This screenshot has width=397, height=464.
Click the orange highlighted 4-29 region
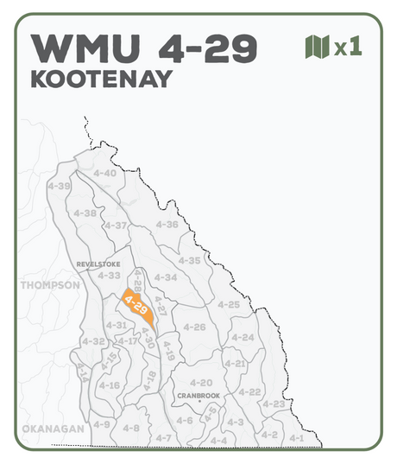tap(137, 305)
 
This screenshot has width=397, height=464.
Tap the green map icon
tap(318, 47)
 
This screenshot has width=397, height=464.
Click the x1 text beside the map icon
tap(348, 47)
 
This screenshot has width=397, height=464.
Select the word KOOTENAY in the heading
tap(101, 79)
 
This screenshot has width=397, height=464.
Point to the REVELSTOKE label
tap(98, 264)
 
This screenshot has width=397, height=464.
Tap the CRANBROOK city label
tap(198, 395)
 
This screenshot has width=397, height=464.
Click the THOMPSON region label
tap(49, 284)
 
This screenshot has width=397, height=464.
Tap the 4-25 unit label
tap(229, 304)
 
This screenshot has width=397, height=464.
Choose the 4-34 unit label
tap(166, 277)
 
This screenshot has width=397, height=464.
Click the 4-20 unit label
tap(200, 382)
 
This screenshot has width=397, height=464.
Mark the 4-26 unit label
tap(195, 327)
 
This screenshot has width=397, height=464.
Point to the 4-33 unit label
tap(109, 275)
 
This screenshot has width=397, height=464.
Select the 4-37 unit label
tap(117, 226)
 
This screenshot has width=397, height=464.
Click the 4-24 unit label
tap(243, 337)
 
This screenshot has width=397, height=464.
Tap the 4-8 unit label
tap(131, 428)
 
